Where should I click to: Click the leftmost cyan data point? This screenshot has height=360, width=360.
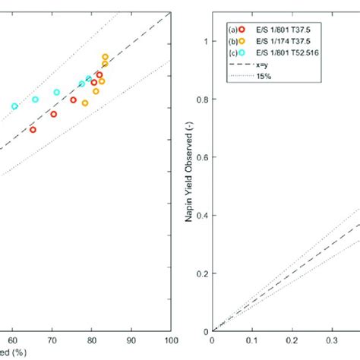(x=14, y=106)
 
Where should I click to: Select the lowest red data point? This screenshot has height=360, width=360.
(x=33, y=130)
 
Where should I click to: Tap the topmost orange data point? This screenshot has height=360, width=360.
(x=106, y=57)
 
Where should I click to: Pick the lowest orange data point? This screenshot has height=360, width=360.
(x=85, y=103)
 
